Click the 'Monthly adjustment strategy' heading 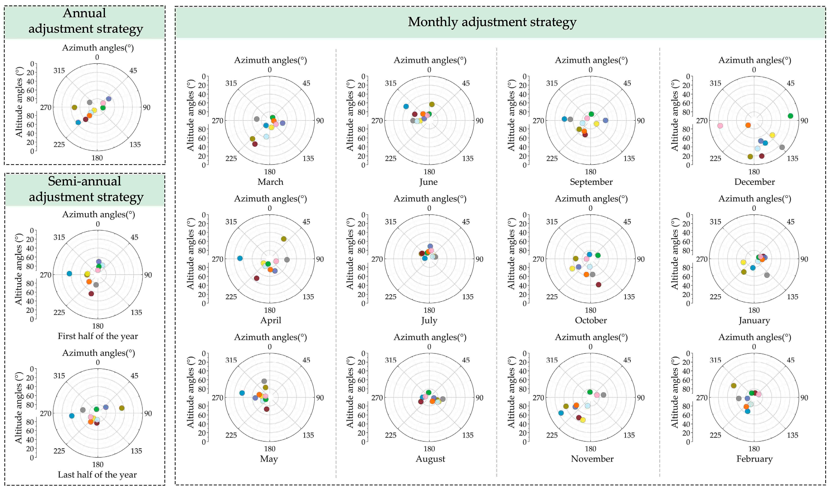pos(492,22)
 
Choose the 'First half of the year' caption pos(98,336)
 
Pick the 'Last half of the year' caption pos(97,475)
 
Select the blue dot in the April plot pos(240,258)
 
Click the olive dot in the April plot pos(284,239)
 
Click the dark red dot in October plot pos(599,285)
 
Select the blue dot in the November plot pos(561,413)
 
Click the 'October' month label pos(591,321)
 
